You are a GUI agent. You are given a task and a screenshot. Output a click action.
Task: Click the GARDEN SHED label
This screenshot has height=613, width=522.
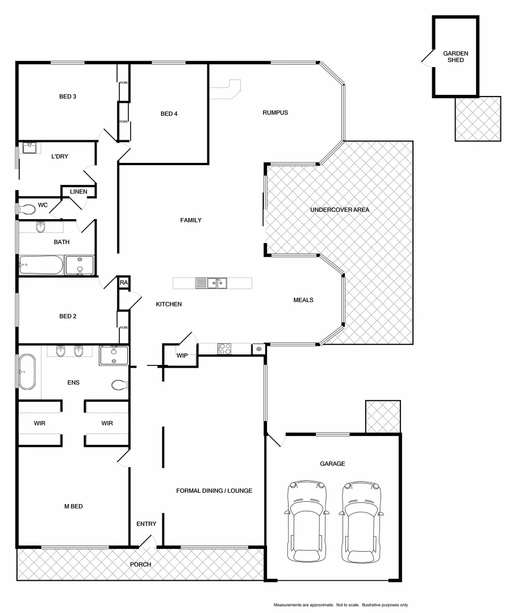456,56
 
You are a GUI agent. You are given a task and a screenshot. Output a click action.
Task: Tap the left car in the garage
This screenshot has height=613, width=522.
307,522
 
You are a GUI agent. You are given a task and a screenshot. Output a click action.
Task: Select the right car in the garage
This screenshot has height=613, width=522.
362,522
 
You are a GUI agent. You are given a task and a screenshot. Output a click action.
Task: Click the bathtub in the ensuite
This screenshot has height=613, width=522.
27,372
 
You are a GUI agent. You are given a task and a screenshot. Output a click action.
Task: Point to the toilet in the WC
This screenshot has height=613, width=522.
27,209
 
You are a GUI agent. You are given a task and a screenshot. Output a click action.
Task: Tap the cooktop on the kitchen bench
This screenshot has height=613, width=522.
224,349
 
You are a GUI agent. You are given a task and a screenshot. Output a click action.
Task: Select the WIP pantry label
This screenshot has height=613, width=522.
182,356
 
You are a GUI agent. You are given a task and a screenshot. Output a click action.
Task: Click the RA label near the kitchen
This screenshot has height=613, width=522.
123,282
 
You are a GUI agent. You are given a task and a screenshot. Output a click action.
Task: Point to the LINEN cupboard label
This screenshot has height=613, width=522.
78,192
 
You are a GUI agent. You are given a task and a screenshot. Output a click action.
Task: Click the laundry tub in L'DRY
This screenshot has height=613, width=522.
29,148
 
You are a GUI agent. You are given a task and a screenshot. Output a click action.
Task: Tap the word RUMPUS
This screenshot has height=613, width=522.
275,112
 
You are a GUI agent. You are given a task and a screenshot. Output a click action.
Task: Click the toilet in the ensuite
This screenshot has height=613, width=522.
119,385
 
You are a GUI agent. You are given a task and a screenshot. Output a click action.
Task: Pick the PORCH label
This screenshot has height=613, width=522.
140,564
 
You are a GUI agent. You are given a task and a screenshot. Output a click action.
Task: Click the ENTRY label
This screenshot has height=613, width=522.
146,524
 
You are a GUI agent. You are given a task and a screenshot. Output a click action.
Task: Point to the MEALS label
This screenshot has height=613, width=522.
303,300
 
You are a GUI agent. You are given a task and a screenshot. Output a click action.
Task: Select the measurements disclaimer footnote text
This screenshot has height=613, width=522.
341,605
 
